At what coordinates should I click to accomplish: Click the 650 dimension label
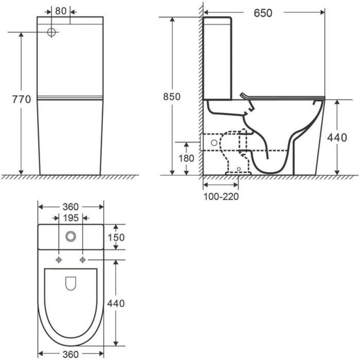263,13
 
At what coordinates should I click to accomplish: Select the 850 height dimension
172,97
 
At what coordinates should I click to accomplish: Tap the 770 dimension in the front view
22,99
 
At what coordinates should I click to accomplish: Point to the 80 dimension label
61,11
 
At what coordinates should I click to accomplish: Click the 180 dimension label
186,158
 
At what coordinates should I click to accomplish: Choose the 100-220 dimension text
221,196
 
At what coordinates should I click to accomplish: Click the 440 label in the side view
337,138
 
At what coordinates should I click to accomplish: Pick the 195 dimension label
71,218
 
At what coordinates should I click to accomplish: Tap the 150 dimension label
116,238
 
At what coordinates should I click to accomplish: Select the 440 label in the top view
116,303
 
